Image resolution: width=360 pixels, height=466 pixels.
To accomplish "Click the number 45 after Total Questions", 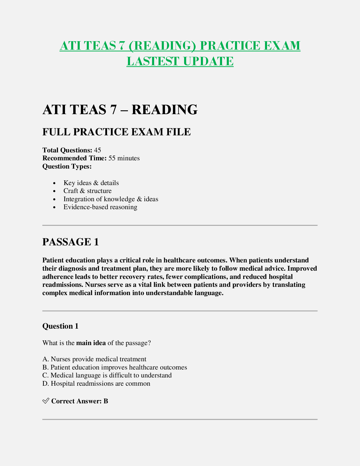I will pyautogui.click(x=97, y=150).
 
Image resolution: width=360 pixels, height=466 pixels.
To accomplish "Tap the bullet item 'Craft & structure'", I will pyautogui.click(x=87, y=191).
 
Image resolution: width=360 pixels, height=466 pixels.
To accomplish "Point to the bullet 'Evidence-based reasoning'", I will pyautogui.click(x=100, y=207).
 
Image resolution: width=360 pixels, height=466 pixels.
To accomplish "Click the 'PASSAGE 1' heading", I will pyautogui.click(x=71, y=242).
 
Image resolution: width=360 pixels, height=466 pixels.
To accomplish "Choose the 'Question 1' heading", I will pyautogui.click(x=60, y=326).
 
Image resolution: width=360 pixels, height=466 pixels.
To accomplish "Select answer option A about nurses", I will pyautogui.click(x=94, y=359).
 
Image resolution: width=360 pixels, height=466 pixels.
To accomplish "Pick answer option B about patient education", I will pyautogui.click(x=115, y=367).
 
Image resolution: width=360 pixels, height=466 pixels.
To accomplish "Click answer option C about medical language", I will pyautogui.click(x=107, y=375).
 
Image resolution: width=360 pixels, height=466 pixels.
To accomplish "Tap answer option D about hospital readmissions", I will pyautogui.click(x=96, y=384).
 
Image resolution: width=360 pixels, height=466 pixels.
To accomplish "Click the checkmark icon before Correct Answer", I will pyautogui.click(x=46, y=401).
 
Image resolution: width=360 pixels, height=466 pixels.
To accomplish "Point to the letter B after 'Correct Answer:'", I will pyautogui.click(x=106, y=401).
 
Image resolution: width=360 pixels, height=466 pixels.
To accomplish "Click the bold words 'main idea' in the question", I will pyautogui.click(x=91, y=343).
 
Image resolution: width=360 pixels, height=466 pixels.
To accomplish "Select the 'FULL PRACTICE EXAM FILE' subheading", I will pyautogui.click(x=116, y=132).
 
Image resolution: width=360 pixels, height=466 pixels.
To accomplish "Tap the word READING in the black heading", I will pyautogui.click(x=164, y=110).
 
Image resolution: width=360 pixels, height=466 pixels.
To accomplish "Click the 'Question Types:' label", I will pyautogui.click(x=67, y=167).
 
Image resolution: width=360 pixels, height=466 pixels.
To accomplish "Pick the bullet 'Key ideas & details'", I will pyautogui.click(x=91, y=183).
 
